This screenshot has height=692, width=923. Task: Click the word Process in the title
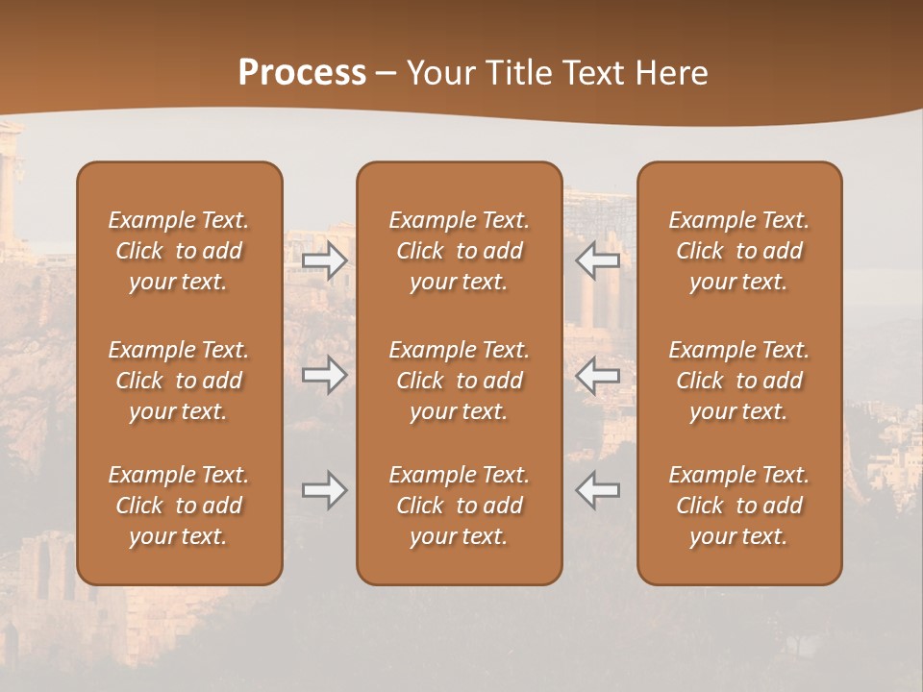click(302, 72)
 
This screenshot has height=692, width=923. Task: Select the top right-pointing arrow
click(325, 260)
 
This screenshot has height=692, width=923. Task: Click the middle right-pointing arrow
click(325, 375)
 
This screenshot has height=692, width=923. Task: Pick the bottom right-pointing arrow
click(325, 490)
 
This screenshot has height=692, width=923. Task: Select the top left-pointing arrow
click(597, 260)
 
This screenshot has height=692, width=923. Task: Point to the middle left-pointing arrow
click(597, 375)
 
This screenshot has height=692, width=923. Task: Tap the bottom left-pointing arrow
click(597, 490)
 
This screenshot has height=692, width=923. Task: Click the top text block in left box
click(179, 251)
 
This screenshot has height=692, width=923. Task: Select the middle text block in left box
click(179, 381)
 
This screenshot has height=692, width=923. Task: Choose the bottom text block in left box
click(179, 506)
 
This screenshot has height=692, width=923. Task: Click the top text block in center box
click(459, 251)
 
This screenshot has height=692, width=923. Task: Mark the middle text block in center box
click(459, 381)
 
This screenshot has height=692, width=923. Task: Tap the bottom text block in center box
click(459, 506)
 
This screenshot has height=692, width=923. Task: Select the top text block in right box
click(738, 251)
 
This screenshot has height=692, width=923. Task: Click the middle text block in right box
click(738, 381)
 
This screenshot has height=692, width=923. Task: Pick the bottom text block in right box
click(738, 506)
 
